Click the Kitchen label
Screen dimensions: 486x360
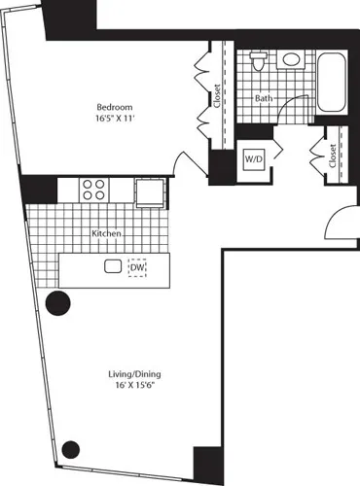click(106, 234)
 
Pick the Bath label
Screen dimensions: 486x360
click(264, 98)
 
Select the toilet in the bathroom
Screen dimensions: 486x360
click(258, 63)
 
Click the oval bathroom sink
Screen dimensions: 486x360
click(291, 60)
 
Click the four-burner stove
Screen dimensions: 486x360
click(93, 189)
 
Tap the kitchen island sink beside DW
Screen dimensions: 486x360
click(113, 266)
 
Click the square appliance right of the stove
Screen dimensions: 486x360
click(150, 191)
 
